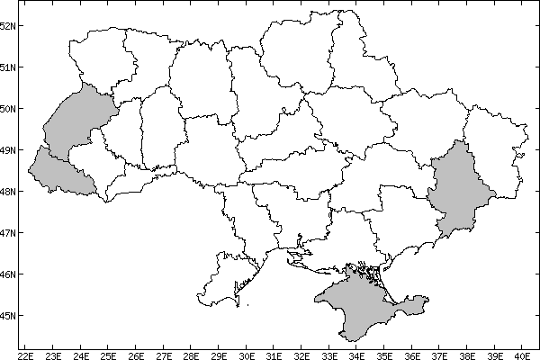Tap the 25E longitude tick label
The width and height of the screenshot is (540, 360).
tap(108, 355)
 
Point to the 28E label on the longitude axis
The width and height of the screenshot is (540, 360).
tap(191, 355)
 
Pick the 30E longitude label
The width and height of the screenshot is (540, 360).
tap(247, 355)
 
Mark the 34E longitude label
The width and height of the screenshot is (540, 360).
tap(357, 355)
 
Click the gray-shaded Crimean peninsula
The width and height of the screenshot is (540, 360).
tap(360, 297)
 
